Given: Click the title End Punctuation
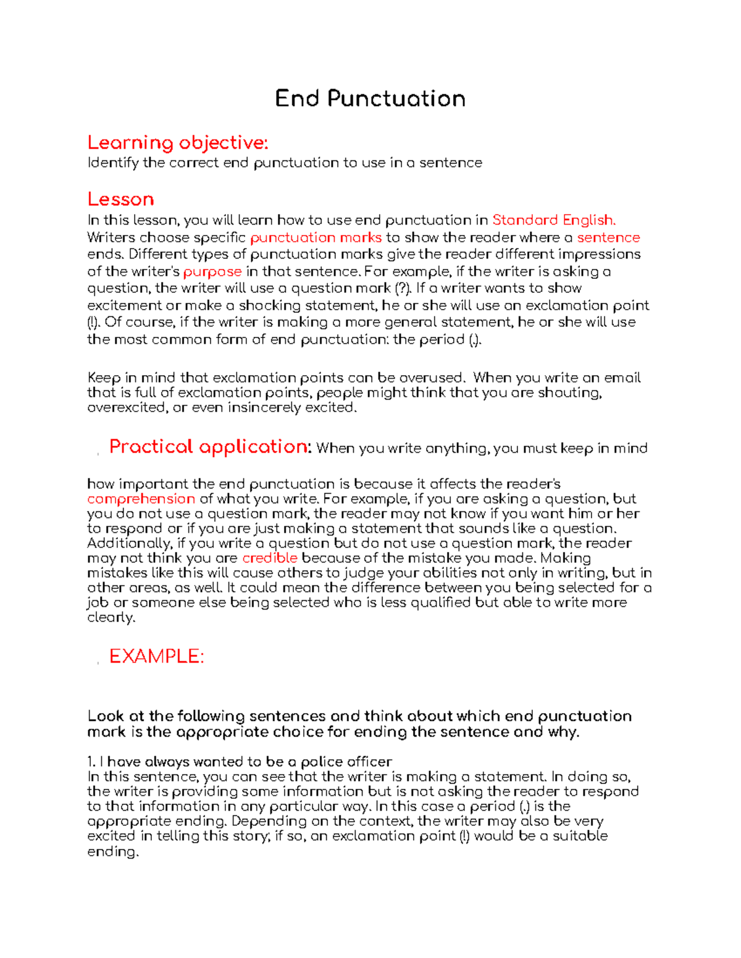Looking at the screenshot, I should coord(370,99).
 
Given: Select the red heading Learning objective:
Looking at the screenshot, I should coord(178,142).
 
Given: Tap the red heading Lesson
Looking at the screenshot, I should coord(120,199).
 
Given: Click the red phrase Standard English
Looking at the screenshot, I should coord(554,220).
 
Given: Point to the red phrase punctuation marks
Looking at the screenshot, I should coord(316,237).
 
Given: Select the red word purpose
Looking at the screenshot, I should coord(212,271).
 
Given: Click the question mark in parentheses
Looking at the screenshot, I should coord(401,288).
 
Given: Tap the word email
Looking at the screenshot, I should coord(622,378).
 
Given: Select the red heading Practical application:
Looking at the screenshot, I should coord(210,447).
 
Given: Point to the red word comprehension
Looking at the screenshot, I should coord(141,498).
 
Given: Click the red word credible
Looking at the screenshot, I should coord(270,558).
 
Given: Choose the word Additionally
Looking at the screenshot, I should coord(129,543).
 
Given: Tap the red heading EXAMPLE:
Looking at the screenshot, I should coord(156,656).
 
